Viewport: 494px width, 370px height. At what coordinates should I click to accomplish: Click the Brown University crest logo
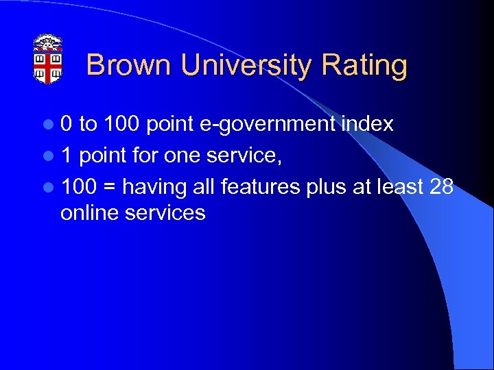pyautogui.click(x=49, y=59)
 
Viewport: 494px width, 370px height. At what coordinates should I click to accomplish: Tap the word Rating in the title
pyautogui.click(x=364, y=66)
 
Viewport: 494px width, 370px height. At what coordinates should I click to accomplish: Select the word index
pyautogui.click(x=369, y=123)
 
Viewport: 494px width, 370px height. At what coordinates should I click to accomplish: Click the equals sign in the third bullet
pyautogui.click(x=111, y=187)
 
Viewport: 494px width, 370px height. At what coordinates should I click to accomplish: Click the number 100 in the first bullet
pyautogui.click(x=121, y=124)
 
